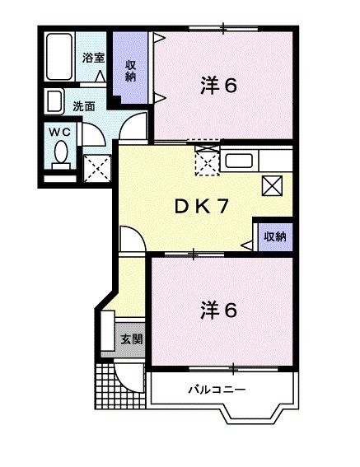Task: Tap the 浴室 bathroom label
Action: (x=92, y=58)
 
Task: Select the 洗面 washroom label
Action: (x=84, y=105)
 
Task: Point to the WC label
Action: (x=58, y=132)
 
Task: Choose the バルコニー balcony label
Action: (x=217, y=389)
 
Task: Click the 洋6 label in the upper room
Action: (x=219, y=85)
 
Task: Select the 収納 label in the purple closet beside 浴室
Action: (x=131, y=71)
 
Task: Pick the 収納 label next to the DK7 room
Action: (x=275, y=236)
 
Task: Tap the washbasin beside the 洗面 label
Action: (x=54, y=103)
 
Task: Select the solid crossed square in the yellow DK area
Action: (x=272, y=186)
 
